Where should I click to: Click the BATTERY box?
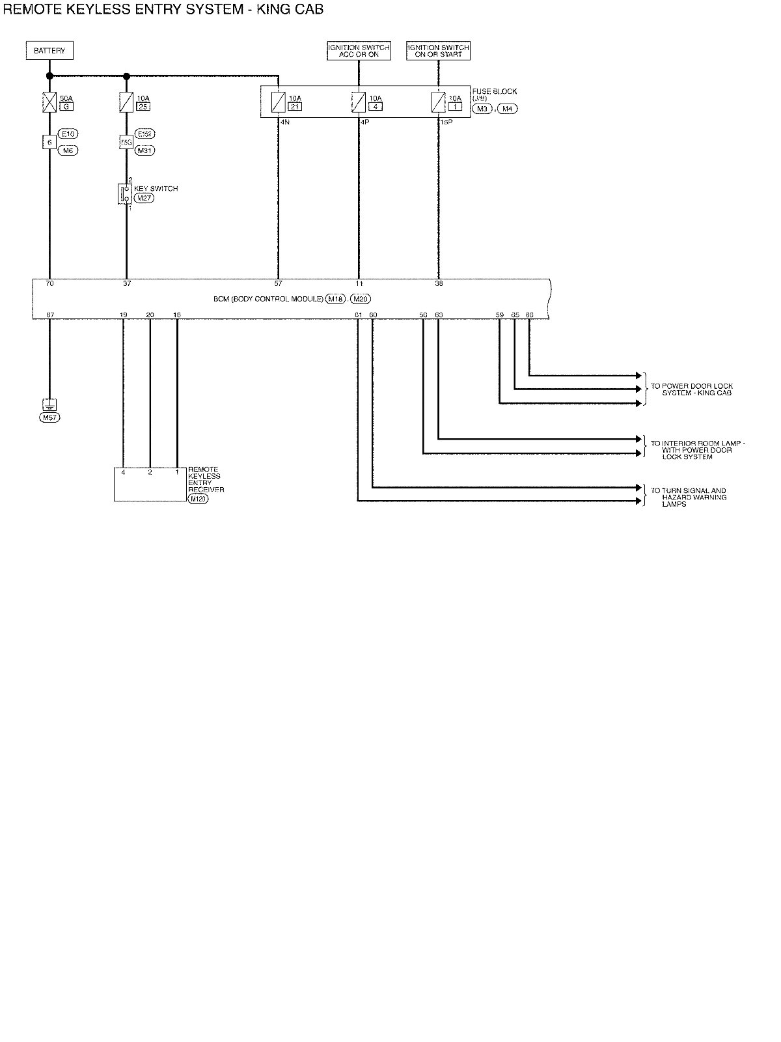(x=49, y=51)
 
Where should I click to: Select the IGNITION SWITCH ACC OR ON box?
(x=359, y=51)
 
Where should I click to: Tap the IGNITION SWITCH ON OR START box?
(x=438, y=51)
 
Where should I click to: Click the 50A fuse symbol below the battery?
(x=49, y=102)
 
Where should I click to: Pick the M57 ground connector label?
(x=49, y=417)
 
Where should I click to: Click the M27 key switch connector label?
(x=144, y=197)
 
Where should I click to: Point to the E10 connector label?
(x=68, y=134)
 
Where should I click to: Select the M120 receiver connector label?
(x=197, y=499)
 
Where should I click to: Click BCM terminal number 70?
(x=49, y=284)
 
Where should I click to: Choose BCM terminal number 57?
(x=279, y=284)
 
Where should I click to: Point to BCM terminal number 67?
(x=49, y=315)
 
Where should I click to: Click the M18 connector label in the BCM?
(x=336, y=299)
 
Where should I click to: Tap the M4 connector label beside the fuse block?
(x=507, y=109)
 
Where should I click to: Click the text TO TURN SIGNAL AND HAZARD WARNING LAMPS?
(x=689, y=497)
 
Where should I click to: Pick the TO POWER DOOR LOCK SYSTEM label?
(x=692, y=389)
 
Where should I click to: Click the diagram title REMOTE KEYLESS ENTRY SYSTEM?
(x=163, y=9)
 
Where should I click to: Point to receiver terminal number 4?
(x=123, y=472)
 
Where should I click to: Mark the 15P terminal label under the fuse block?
(x=446, y=122)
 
